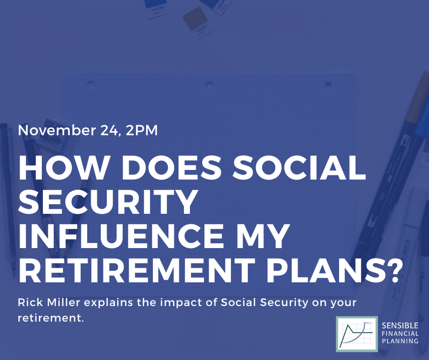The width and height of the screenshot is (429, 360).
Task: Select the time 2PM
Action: point(142,130)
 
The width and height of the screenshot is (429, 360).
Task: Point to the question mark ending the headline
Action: point(391,270)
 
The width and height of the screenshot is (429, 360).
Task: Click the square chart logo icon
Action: point(357,334)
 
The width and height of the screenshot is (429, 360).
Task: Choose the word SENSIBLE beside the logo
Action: point(400,325)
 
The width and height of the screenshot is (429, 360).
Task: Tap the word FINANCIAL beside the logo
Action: point(400,334)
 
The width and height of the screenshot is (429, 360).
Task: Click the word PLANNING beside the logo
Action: point(400,341)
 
